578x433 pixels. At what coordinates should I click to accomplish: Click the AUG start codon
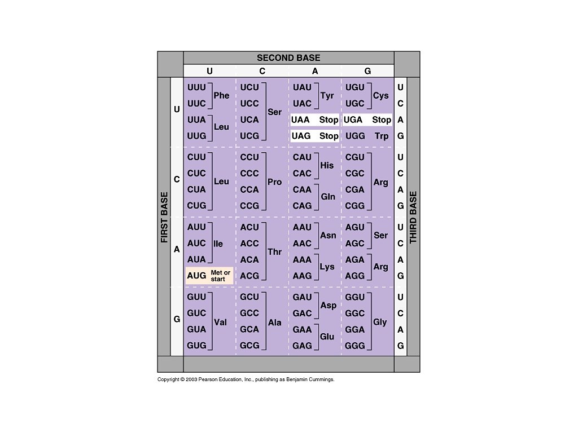(x=196, y=276)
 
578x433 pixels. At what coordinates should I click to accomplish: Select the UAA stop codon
(x=300, y=120)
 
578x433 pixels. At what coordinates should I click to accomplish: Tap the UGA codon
(x=353, y=120)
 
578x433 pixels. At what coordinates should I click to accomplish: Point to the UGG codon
(x=355, y=136)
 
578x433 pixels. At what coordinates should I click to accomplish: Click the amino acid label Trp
(x=382, y=136)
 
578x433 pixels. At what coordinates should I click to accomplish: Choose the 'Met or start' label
(x=220, y=276)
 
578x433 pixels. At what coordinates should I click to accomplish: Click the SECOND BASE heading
(x=288, y=58)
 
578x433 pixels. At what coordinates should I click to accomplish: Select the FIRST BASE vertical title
(x=164, y=218)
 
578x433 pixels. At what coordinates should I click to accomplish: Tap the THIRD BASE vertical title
(x=413, y=218)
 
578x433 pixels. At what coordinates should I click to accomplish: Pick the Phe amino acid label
(x=221, y=96)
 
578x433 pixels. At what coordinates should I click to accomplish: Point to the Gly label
(x=380, y=322)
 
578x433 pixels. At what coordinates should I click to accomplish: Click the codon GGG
(x=355, y=346)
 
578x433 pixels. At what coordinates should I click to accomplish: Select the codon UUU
(x=196, y=87)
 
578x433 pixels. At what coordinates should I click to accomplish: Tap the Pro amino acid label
(x=274, y=182)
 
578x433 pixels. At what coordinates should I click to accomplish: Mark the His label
(x=327, y=166)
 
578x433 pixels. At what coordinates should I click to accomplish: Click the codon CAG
(x=302, y=206)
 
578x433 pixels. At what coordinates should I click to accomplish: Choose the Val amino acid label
(x=220, y=322)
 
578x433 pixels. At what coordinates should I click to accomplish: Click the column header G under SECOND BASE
(x=367, y=71)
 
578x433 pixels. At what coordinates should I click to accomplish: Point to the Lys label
(x=327, y=267)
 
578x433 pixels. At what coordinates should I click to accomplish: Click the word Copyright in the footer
(x=168, y=379)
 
